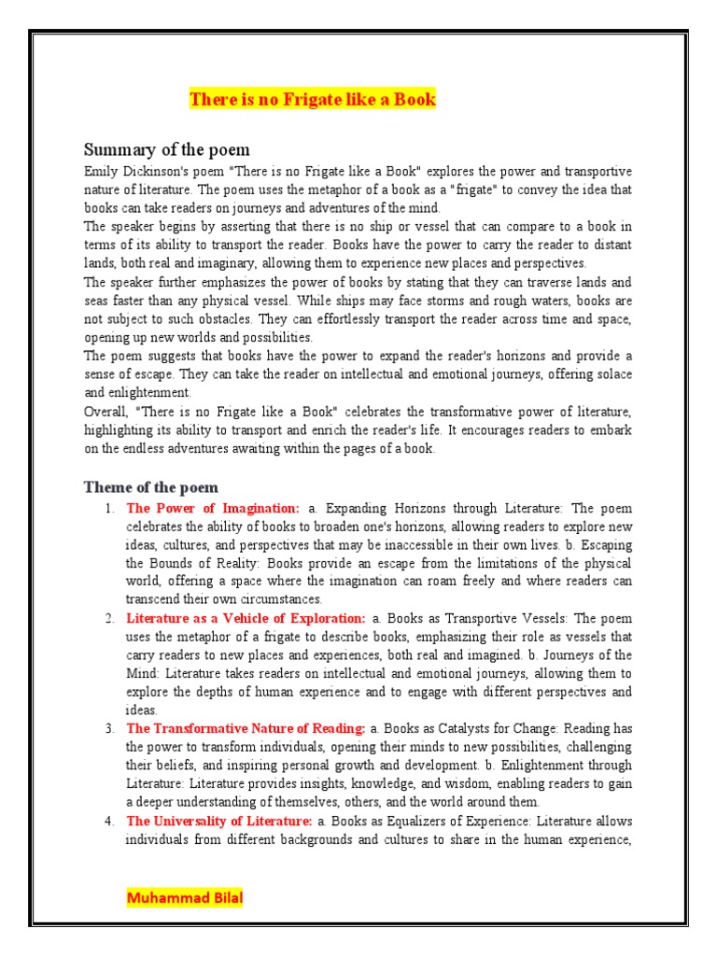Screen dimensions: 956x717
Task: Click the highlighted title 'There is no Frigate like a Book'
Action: pos(313,99)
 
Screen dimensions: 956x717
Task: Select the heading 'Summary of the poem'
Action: pos(166,150)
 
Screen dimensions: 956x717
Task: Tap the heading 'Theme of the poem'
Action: pos(150,487)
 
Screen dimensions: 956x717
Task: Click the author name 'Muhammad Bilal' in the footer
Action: pos(184,899)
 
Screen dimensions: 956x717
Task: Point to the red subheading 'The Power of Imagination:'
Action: pos(213,509)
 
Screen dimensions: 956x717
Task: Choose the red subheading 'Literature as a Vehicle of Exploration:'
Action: pos(246,618)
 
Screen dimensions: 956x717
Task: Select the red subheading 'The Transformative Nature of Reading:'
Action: pos(246,728)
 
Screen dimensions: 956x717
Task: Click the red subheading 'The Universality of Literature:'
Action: pos(218,821)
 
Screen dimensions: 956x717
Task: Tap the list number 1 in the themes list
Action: pos(109,509)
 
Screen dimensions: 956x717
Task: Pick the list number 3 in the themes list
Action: pos(109,728)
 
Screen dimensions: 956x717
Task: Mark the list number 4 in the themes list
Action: pos(109,821)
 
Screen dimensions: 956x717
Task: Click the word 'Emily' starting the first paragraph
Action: pos(101,172)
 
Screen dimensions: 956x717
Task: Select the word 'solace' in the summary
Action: pos(612,374)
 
